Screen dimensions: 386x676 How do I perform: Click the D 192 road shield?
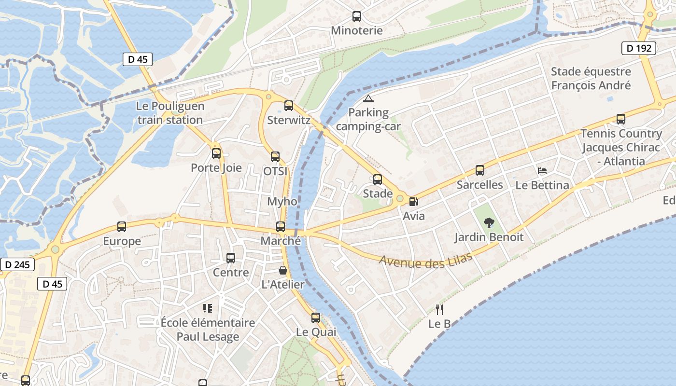(x=638, y=48)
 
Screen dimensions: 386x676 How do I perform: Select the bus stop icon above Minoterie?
(x=357, y=16)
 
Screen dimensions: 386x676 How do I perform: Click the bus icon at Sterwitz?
(x=289, y=106)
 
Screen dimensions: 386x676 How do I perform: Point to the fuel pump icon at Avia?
(x=413, y=202)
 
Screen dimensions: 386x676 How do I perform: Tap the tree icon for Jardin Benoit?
(x=489, y=223)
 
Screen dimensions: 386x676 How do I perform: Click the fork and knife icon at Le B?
(x=439, y=309)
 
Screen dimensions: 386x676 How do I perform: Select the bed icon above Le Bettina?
(x=542, y=171)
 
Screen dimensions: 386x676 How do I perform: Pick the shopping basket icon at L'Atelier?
(x=283, y=270)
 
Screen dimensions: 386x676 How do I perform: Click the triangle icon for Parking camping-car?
(x=368, y=99)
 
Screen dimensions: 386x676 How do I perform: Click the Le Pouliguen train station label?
(x=170, y=113)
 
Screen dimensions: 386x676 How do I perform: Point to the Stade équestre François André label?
(x=591, y=79)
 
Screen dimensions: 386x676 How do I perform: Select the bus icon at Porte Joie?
(x=216, y=153)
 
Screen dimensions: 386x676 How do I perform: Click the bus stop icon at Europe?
(x=122, y=227)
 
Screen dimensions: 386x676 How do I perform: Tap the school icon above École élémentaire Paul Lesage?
(x=208, y=308)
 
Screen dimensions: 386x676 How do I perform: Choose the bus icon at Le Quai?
(x=316, y=318)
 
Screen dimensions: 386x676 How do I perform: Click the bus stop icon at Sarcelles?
(x=479, y=170)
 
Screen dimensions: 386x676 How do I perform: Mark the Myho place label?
(x=282, y=201)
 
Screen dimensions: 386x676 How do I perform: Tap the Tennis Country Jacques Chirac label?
(x=621, y=147)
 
